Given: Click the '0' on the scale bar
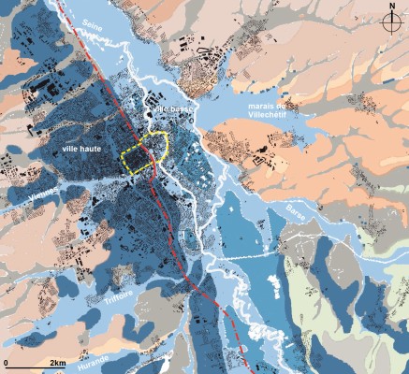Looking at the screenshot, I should click(x=7, y=361).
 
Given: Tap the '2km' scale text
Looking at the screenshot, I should click(x=57, y=361).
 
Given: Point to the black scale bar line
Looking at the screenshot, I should click(x=33, y=367).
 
